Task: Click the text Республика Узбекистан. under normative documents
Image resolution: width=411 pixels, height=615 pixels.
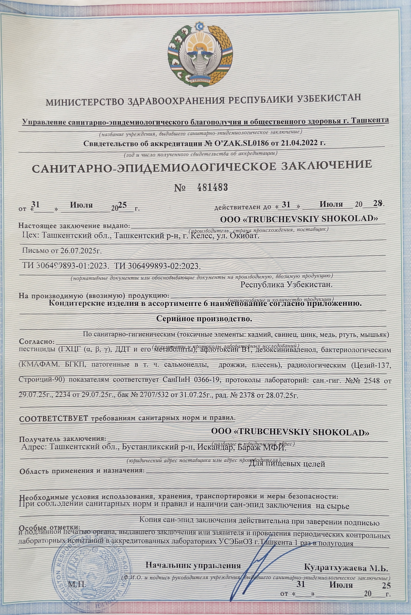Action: click(x=286, y=284)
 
